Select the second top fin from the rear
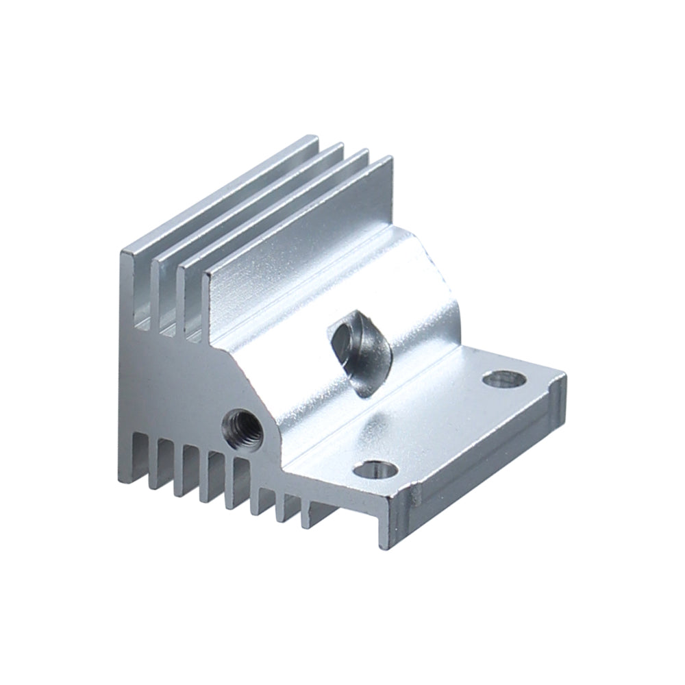point(247,206)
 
